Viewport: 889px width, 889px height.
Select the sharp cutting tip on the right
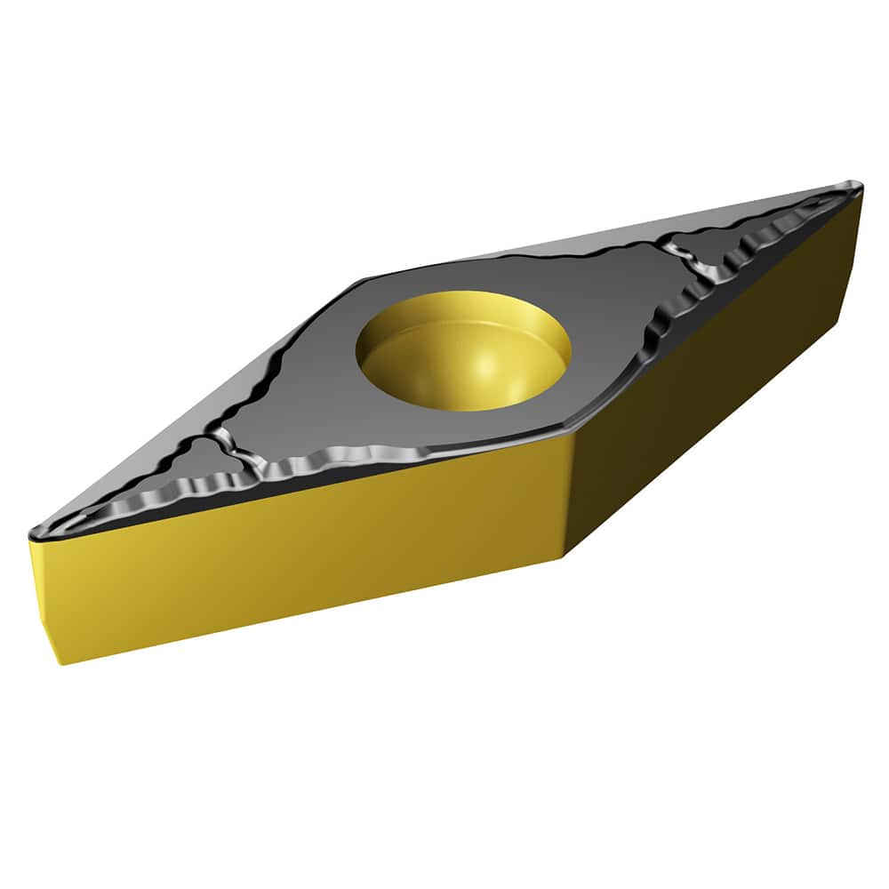(x=858, y=186)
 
